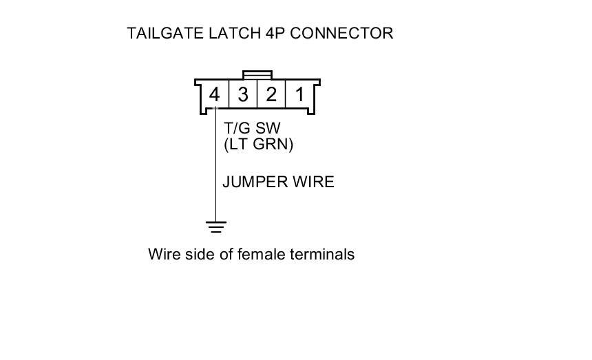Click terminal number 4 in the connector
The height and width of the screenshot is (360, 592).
(x=215, y=94)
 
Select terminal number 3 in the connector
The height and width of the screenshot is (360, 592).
(x=243, y=94)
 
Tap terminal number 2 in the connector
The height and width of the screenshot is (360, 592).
(x=271, y=94)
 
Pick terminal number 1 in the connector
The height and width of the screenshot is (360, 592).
(x=299, y=94)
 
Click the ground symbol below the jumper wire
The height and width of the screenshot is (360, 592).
(x=216, y=226)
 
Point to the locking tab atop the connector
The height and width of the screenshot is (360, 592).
(x=257, y=74)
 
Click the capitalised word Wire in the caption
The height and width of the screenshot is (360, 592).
(x=163, y=255)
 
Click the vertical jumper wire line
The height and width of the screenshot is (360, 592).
(x=215, y=172)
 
